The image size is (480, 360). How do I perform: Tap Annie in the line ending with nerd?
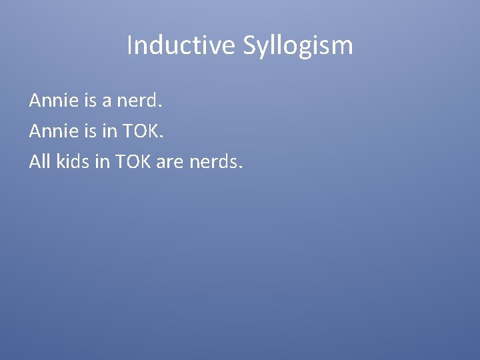[x=51, y=101]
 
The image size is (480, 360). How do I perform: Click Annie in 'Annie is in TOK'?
[x=51, y=131]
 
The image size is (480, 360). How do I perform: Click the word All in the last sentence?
[x=39, y=161]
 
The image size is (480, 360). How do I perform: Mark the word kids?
[x=73, y=161]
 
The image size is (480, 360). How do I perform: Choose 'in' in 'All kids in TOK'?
[x=103, y=161]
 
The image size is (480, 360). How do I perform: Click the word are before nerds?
[x=170, y=162]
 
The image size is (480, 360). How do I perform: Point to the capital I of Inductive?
[x=129, y=45]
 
